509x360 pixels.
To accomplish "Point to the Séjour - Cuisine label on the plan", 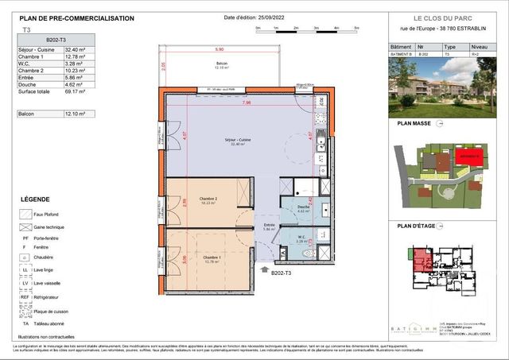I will coord(238,141).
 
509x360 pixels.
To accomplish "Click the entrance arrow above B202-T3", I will coord(266,270).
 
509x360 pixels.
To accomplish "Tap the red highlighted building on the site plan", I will coord(467,157).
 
